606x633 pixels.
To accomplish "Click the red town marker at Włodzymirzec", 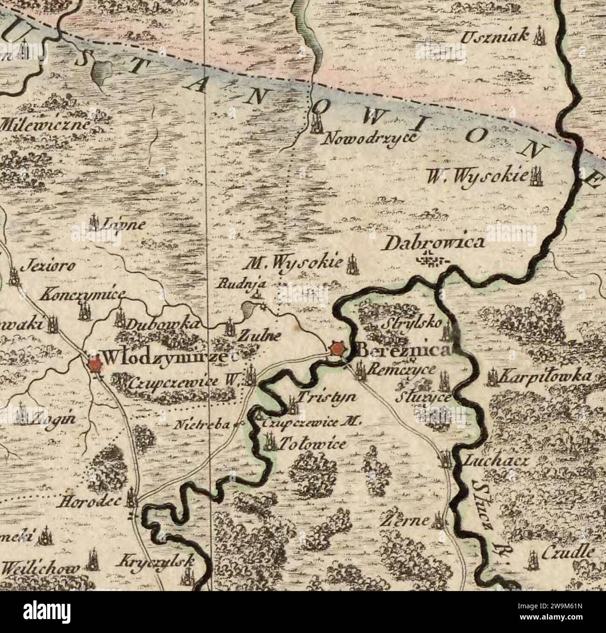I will pyautogui.click(x=95, y=364).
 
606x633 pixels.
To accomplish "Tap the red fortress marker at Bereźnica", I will pyautogui.click(x=337, y=349).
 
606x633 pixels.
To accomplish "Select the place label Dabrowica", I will pyautogui.click(x=436, y=243).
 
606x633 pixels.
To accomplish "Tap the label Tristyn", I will pyautogui.click(x=327, y=397).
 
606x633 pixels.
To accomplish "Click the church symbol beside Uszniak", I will pyautogui.click(x=539, y=36).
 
